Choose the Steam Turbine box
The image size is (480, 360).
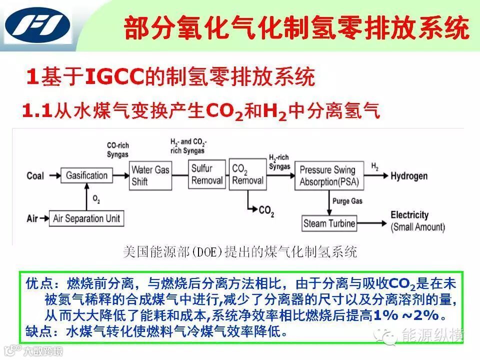pos(329,223)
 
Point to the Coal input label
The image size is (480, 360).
pos(35,175)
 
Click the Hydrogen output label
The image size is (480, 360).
pos(409,175)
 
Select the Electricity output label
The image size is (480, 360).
pos(409,215)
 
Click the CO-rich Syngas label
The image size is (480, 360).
pos(118,149)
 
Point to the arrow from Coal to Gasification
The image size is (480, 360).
pos(52,175)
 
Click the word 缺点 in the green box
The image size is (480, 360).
pos(36,331)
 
